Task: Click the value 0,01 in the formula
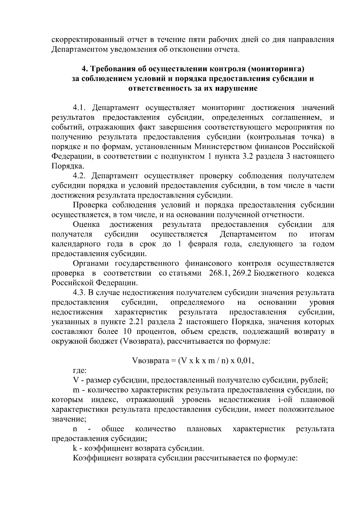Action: (245, 361)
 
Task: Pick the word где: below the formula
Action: (80, 371)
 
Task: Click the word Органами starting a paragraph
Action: (91, 263)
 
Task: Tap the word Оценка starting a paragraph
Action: (86, 225)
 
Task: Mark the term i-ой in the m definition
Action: (281, 400)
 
